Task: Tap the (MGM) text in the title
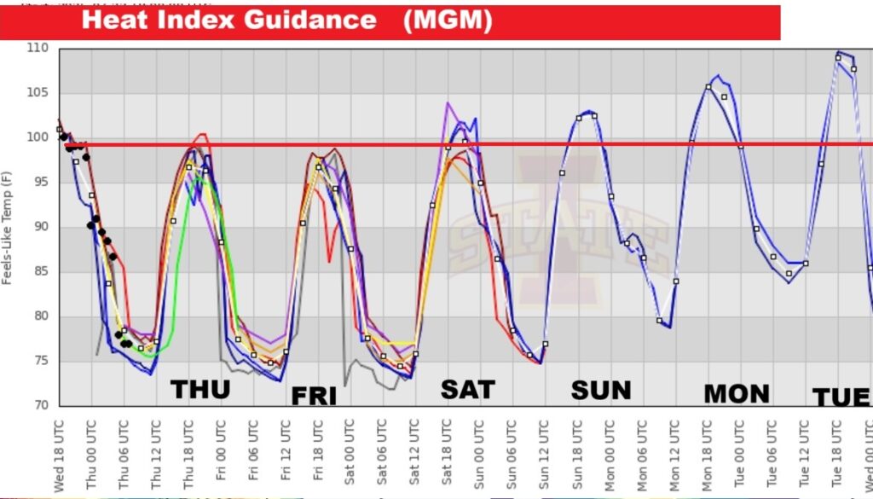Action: click(x=448, y=20)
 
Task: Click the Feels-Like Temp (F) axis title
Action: click(x=8, y=227)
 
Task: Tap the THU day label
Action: click(x=200, y=390)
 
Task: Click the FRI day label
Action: click(x=314, y=396)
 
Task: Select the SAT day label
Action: click(x=467, y=390)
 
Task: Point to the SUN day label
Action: click(x=601, y=391)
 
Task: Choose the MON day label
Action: click(x=737, y=393)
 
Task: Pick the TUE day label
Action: click(x=841, y=397)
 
